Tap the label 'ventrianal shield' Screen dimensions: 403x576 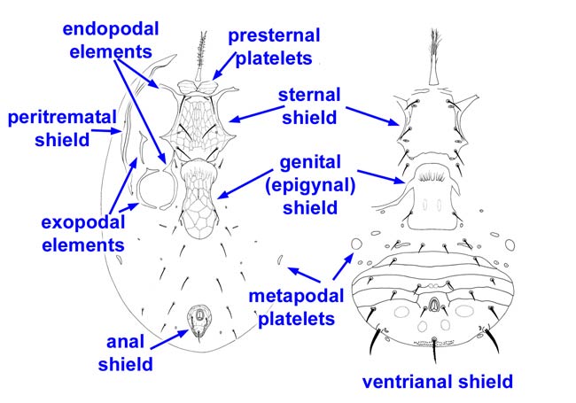(438, 383)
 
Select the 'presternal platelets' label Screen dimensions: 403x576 (274, 47)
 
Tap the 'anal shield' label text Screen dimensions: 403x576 (127, 353)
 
